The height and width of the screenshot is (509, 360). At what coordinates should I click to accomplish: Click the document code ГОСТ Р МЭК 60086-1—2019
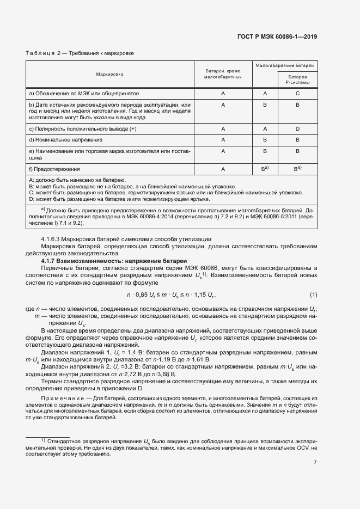click(x=277, y=36)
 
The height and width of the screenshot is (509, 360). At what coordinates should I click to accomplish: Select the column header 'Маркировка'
click(x=109, y=73)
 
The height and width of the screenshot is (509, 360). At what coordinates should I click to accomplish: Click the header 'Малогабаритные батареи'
click(x=285, y=65)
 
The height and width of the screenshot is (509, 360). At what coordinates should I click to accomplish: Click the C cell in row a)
click(x=298, y=93)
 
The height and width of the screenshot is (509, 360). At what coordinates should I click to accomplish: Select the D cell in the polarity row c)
click(x=298, y=129)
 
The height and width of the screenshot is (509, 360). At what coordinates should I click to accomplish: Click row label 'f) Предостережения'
click(x=54, y=169)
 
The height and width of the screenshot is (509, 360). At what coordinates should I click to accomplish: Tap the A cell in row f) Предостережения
click(x=223, y=169)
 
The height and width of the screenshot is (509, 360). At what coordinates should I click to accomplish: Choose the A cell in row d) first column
click(x=223, y=140)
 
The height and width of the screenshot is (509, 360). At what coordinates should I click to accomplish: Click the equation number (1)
click(x=313, y=295)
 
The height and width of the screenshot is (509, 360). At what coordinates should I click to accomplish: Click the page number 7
click(x=315, y=463)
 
